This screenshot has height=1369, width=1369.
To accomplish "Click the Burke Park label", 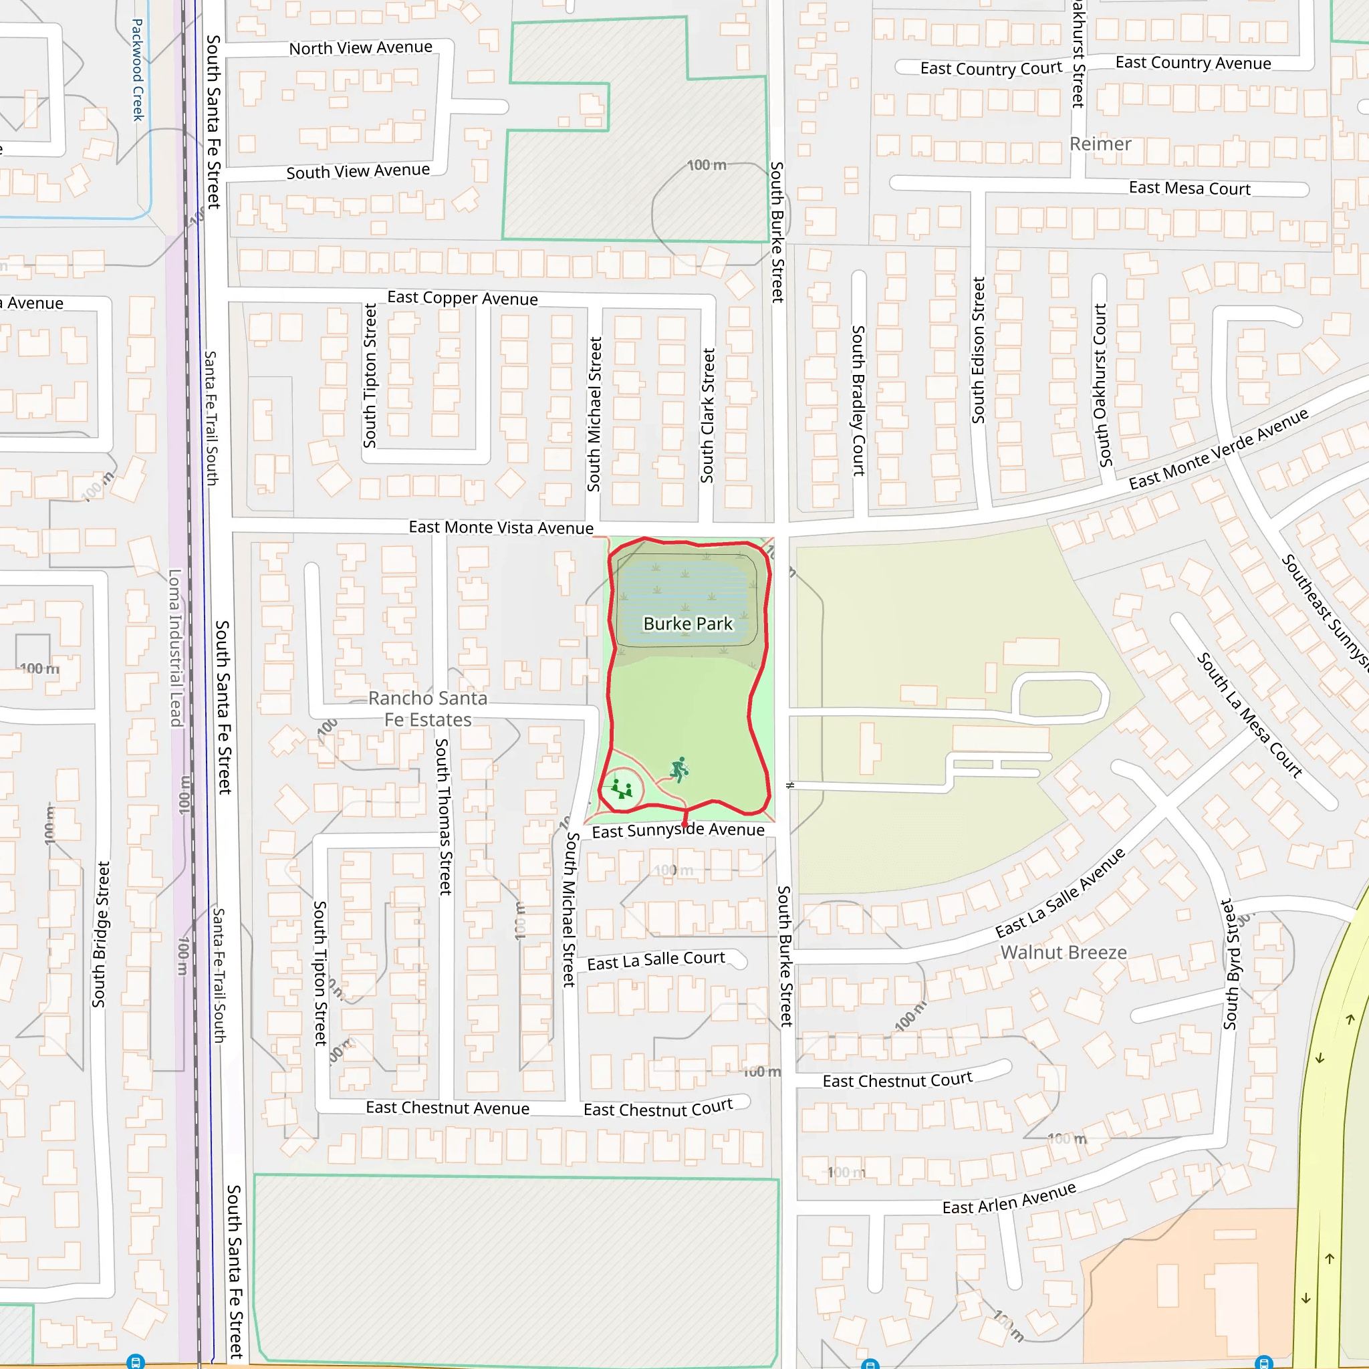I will [687, 624].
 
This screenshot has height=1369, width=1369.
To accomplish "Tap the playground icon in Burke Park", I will [622, 789].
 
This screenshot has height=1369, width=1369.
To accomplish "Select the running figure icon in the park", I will [680, 769].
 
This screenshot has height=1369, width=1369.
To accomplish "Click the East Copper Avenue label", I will [462, 298].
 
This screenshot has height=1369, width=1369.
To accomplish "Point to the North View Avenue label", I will [360, 48].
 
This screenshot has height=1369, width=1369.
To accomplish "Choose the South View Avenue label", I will [358, 172].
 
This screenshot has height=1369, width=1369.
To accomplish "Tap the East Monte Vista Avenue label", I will [501, 527].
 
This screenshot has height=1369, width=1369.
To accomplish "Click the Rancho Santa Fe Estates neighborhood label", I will [428, 709].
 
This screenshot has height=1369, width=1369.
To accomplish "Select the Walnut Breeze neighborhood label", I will [1063, 953].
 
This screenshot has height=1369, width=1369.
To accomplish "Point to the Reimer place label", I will [1100, 144].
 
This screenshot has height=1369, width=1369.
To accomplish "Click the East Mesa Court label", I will [1189, 188].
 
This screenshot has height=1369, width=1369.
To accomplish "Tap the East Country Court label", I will [991, 69].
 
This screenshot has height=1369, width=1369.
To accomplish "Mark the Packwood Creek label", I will [138, 70].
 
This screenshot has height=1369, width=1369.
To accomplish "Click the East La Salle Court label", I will [656, 960].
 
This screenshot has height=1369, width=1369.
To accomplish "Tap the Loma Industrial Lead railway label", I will [175, 648].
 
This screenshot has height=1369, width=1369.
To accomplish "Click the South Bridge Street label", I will [101, 934].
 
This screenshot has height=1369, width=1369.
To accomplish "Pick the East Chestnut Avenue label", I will [447, 1108].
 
